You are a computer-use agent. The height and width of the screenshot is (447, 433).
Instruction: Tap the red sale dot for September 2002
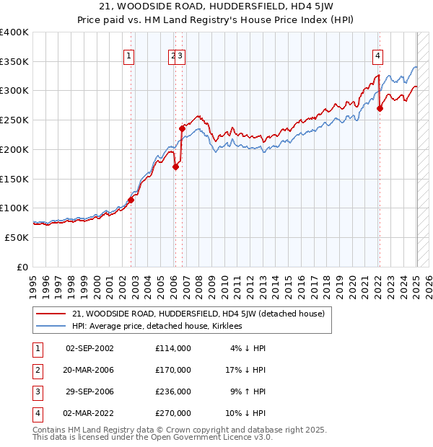(131, 200)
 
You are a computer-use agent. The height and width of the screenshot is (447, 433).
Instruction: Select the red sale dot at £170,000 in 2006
(175, 167)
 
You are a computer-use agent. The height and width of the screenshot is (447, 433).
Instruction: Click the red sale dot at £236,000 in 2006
(183, 128)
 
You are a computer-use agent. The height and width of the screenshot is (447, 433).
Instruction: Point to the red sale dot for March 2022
(380, 108)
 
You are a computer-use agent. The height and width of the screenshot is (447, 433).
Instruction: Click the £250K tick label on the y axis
(14, 120)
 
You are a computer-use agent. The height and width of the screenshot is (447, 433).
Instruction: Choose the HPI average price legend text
(157, 326)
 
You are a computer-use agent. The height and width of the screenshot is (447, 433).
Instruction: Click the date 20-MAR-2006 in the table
(89, 370)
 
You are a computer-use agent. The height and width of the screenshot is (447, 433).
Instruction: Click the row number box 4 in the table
(35, 413)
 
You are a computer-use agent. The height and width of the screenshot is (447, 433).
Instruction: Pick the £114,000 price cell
(173, 348)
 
